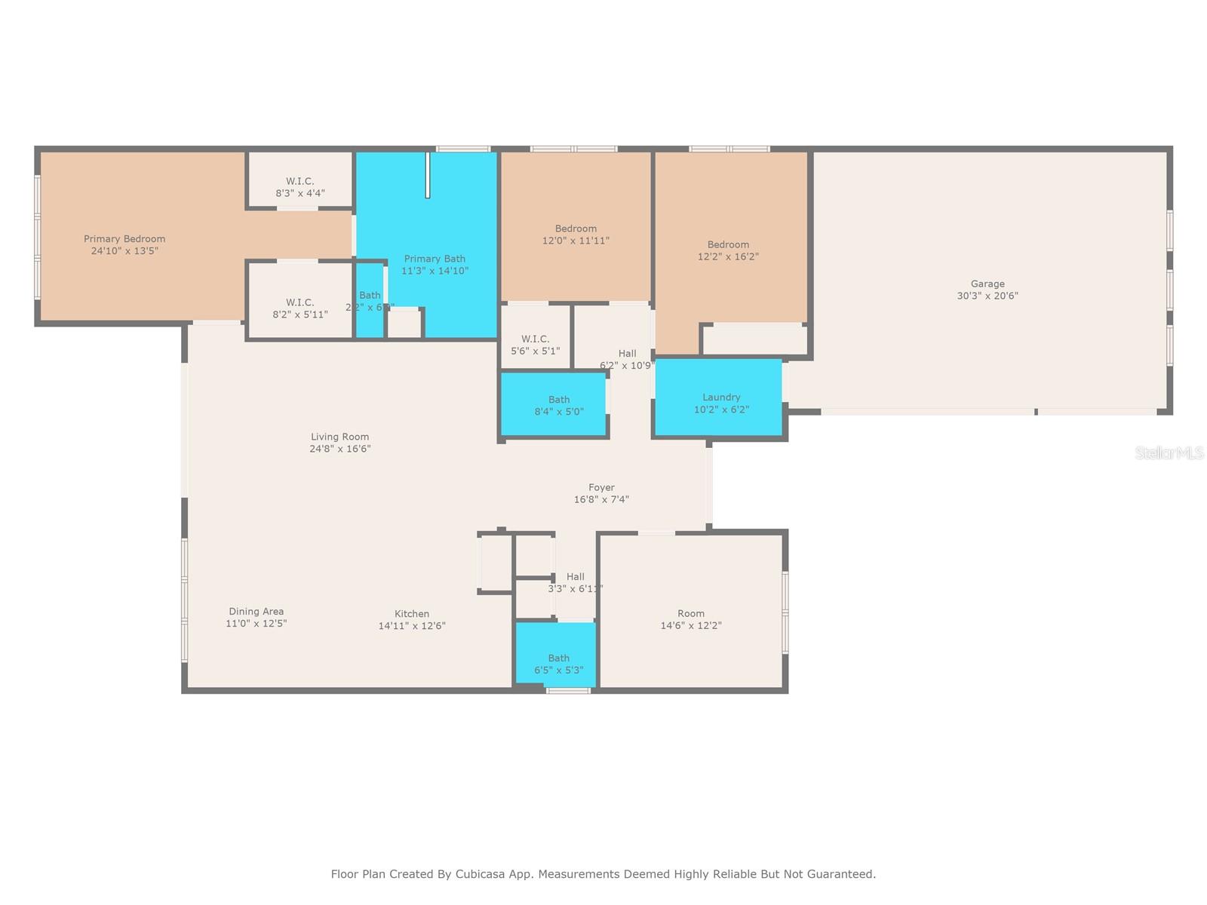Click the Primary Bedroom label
tap(124, 239)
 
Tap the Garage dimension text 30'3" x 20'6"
tap(987, 296)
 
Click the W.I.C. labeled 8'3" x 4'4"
tap(299, 187)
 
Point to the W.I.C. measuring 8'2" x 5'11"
tap(299, 308)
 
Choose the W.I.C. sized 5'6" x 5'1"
tap(535, 345)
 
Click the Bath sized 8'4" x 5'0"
tap(558, 406)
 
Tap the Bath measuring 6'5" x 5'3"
tap(558, 664)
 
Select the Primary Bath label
tap(435, 259)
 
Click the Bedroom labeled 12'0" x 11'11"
tap(576, 235)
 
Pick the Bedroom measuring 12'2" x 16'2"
tap(728, 250)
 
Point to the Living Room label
tap(339, 437)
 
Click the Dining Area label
tap(256, 612)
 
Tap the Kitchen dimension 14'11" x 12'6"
tap(412, 626)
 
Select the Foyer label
tap(601, 488)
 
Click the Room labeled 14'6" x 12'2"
tap(690, 619)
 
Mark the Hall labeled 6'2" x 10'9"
tap(627, 359)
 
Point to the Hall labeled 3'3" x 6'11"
tap(575, 583)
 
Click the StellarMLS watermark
tap(1169, 452)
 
